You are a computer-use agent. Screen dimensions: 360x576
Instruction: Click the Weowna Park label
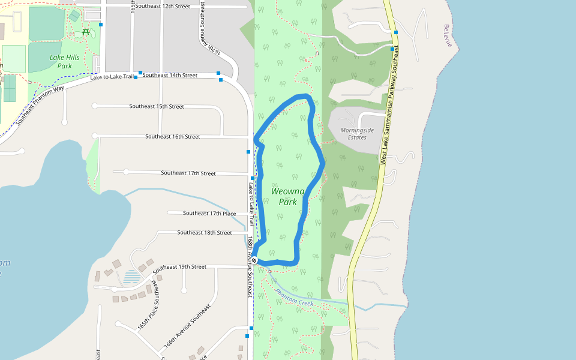pyautogui.click(x=288, y=196)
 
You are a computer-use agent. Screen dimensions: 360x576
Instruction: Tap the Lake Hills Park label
pyautogui.click(x=64, y=61)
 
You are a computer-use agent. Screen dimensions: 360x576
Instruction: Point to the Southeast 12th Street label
pyautogui.click(x=163, y=6)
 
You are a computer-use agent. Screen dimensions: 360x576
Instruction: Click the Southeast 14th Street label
pyautogui.click(x=170, y=75)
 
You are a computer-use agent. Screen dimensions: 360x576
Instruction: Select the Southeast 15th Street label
pyautogui.click(x=157, y=106)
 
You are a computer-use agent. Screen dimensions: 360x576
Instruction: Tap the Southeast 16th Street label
pyautogui.click(x=173, y=136)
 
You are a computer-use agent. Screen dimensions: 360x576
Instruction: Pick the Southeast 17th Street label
pyautogui.click(x=188, y=173)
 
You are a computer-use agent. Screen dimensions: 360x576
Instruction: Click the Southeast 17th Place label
pyautogui.click(x=209, y=213)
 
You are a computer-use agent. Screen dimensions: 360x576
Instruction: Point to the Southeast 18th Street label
pyautogui.click(x=205, y=232)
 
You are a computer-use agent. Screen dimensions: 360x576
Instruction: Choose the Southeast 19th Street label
pyautogui.click(x=179, y=266)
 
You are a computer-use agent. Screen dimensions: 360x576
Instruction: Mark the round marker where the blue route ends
pyautogui.click(x=254, y=260)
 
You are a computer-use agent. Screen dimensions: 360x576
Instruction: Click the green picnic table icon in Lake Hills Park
pyautogui.click(x=86, y=31)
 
